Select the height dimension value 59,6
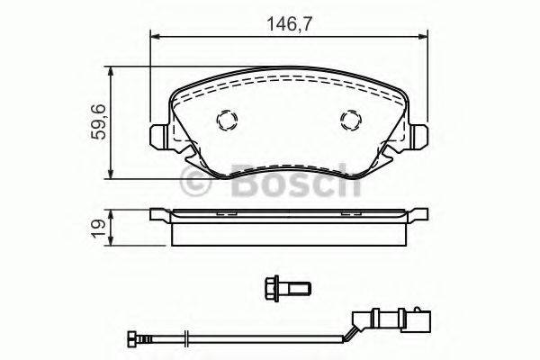pyautogui.click(x=98, y=121)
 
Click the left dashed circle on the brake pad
pyautogui.click(x=226, y=121)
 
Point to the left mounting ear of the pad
pyautogui.click(x=158, y=134)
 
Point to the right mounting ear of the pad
pyautogui.click(x=417, y=134)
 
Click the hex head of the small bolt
pyautogui.click(x=271, y=288)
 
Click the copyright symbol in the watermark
pyautogui.click(x=197, y=184)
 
